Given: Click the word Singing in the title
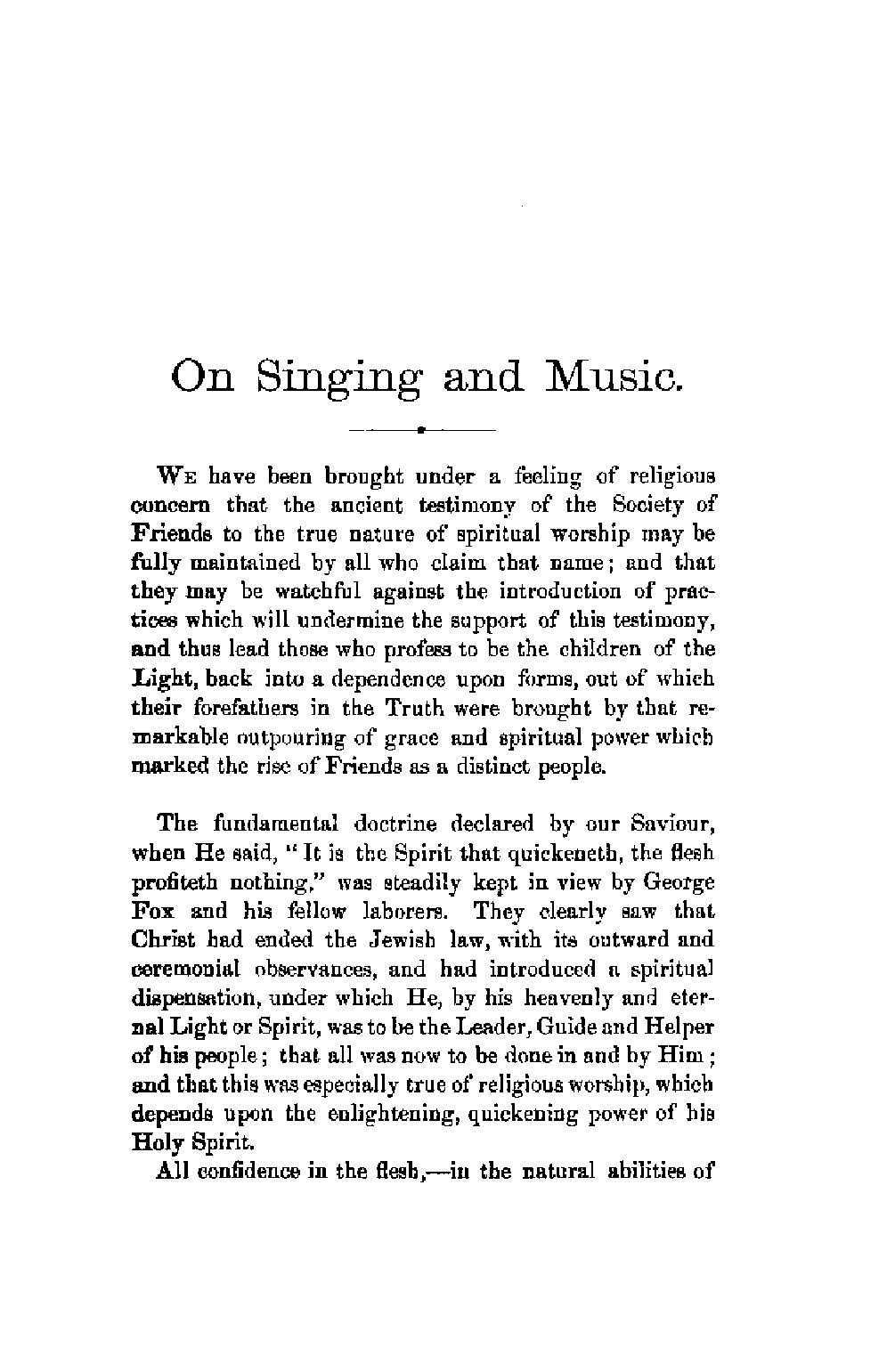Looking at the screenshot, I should (338, 378).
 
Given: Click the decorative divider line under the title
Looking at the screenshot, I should (422, 430).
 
